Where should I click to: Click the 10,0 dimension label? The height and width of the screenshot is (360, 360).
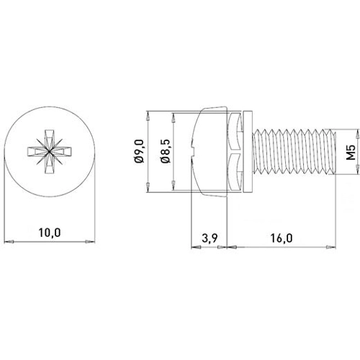pos(50,233)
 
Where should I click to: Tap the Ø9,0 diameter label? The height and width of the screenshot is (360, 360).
pos(140,151)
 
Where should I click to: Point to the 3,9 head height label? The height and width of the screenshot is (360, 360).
pos(210,238)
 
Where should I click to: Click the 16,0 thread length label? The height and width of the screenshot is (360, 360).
pos(282,238)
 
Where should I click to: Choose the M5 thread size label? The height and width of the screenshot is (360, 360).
pos(351,153)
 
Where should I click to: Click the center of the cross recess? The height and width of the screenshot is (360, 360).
pos(49,151)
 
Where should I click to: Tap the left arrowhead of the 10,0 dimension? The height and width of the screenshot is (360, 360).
pos(9,241)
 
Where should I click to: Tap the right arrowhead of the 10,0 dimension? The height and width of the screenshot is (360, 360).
pos(90,241)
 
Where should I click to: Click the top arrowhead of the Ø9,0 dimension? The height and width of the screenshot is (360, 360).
pos(148,117)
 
